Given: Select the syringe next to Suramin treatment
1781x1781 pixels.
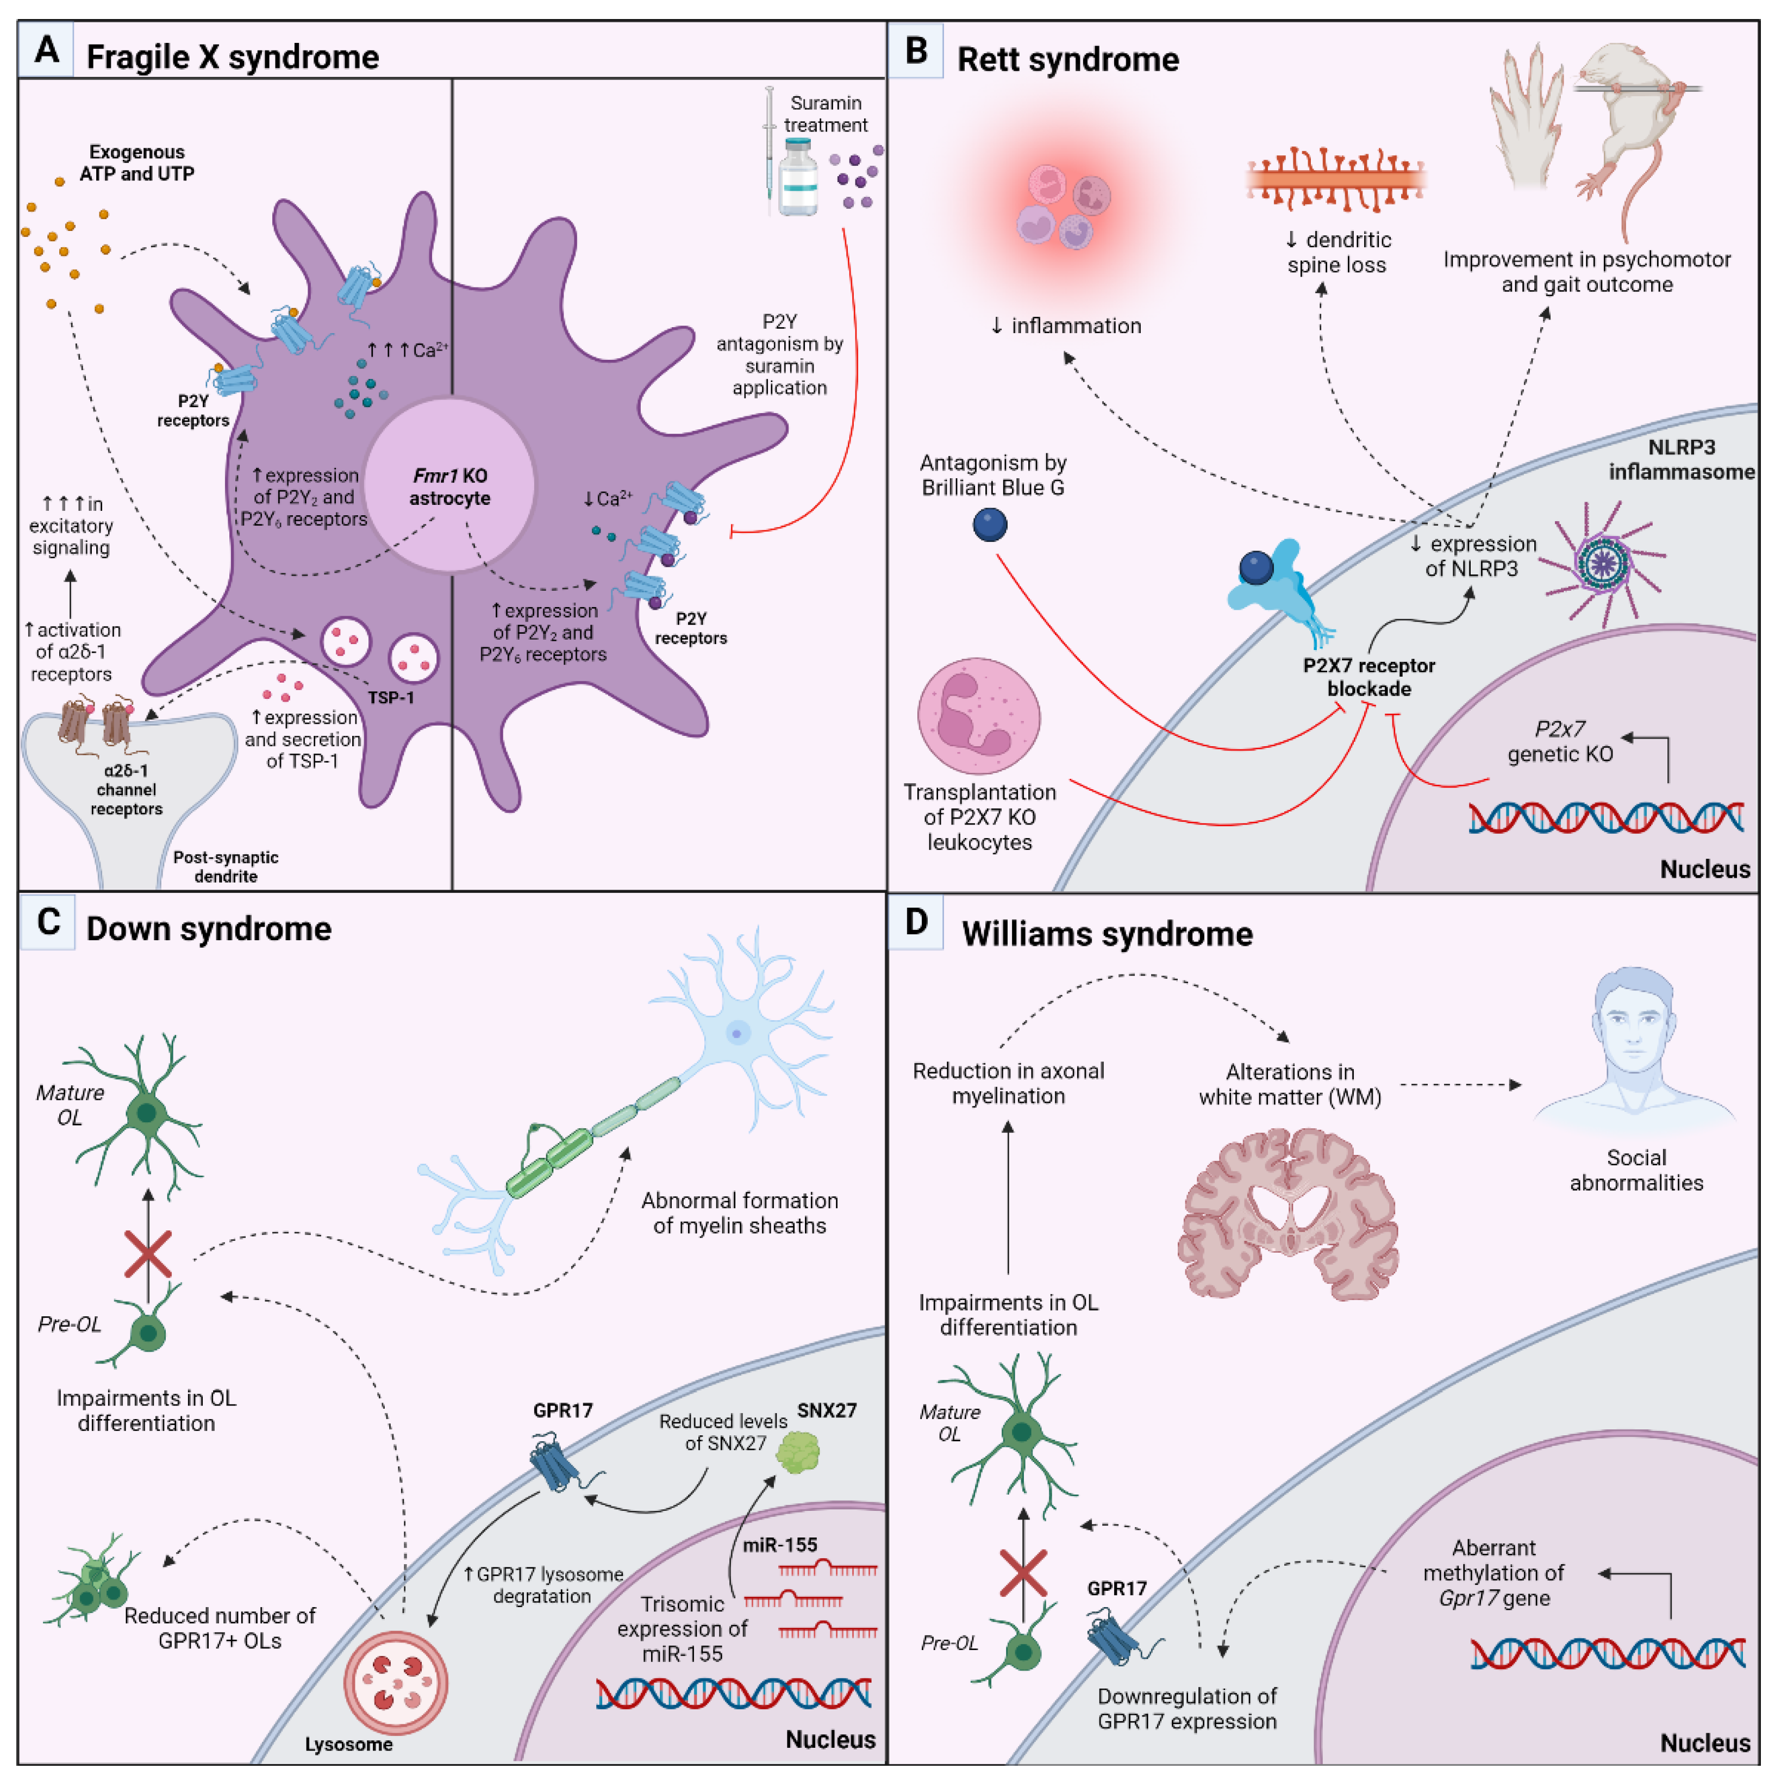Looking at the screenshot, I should [770, 147].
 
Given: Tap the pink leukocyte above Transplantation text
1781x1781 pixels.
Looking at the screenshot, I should [979, 715].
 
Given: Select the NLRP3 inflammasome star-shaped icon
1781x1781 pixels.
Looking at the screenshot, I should [1604, 563].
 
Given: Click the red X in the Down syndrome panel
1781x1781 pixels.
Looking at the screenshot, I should [147, 1254].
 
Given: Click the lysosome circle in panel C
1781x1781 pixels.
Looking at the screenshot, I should [396, 1683].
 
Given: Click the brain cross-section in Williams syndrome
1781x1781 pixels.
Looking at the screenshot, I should [1289, 1215].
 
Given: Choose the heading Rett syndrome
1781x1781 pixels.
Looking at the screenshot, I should [1067, 59].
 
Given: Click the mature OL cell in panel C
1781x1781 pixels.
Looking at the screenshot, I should [146, 1114].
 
